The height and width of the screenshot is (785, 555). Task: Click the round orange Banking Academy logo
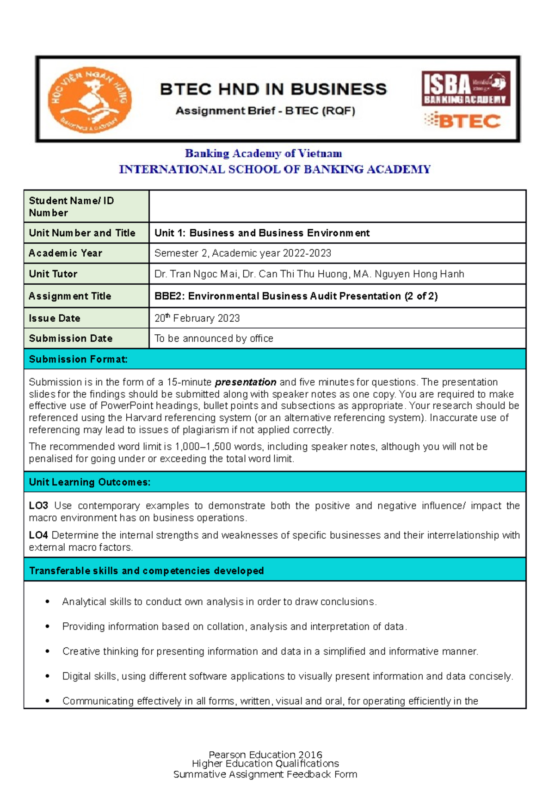[x=90, y=99]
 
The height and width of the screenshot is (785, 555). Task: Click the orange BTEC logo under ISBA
[x=463, y=121]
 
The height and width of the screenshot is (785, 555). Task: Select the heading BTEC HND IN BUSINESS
[x=273, y=89]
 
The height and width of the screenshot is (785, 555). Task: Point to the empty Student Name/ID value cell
[x=337, y=206]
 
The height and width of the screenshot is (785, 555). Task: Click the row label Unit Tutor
[x=53, y=274]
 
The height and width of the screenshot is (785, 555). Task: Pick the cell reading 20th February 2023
[x=197, y=318]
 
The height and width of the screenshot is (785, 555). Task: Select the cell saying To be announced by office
[x=214, y=338]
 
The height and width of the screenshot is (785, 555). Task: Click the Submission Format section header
[x=78, y=359]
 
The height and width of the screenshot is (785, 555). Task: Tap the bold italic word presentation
[x=246, y=382]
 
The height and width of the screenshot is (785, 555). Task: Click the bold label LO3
[x=38, y=506]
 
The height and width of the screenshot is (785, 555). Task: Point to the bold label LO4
[x=38, y=535]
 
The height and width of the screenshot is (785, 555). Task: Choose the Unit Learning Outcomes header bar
[x=90, y=482]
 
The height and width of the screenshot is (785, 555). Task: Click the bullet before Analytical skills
[x=47, y=601]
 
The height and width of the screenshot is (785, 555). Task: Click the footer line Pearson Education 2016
[x=265, y=754]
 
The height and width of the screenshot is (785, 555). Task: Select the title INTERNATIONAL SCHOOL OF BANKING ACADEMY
[x=275, y=169]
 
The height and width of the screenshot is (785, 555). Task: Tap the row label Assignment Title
[x=70, y=296]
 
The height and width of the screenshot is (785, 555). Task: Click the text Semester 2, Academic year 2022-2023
[x=242, y=253]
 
